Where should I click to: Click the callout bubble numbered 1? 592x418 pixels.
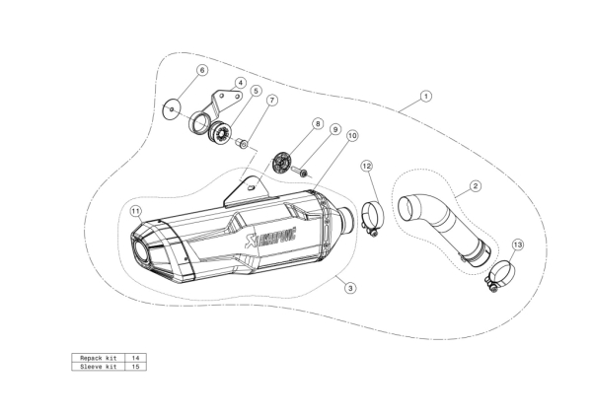[x=426, y=97]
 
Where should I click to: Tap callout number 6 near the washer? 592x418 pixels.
[x=202, y=70]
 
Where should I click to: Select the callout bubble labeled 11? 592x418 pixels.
[x=136, y=211]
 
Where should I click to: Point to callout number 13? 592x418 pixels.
[x=518, y=244]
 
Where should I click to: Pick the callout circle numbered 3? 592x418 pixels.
[x=350, y=288]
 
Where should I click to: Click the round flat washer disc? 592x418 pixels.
[x=171, y=109]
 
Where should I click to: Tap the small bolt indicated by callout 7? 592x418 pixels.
[x=242, y=143]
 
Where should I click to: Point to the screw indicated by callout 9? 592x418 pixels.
[x=304, y=172]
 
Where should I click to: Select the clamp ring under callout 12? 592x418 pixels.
[x=372, y=217]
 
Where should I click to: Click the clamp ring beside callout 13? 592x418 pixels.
[x=500, y=275]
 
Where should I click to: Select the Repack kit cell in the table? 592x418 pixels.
[x=98, y=358]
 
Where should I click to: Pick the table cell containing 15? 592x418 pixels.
[x=135, y=367]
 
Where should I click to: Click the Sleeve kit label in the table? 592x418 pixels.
[x=98, y=367]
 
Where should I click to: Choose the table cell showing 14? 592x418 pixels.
[x=135, y=358]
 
